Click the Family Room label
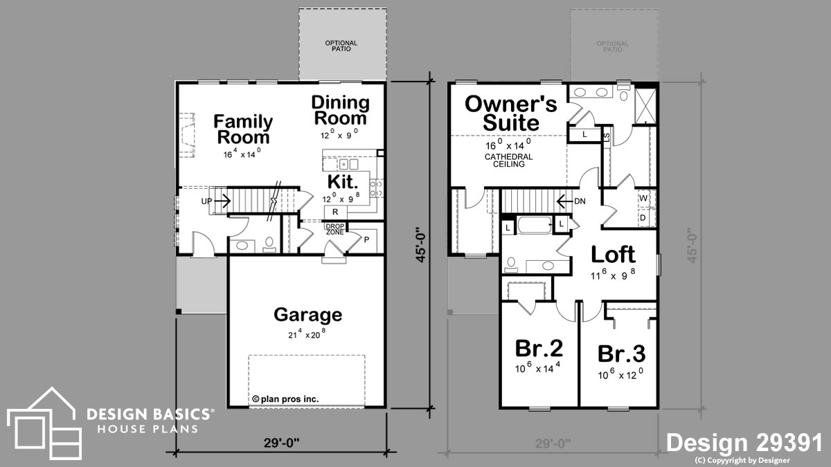point(242,129)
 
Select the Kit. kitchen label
point(342,182)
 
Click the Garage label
point(307,315)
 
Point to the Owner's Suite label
point(510,113)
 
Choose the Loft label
point(613,255)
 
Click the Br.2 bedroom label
point(538,347)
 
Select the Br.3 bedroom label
point(621,354)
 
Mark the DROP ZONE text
point(334,228)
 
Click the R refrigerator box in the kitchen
point(335,212)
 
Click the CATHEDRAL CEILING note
point(509,161)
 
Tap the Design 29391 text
point(744,443)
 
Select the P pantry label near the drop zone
point(366,240)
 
